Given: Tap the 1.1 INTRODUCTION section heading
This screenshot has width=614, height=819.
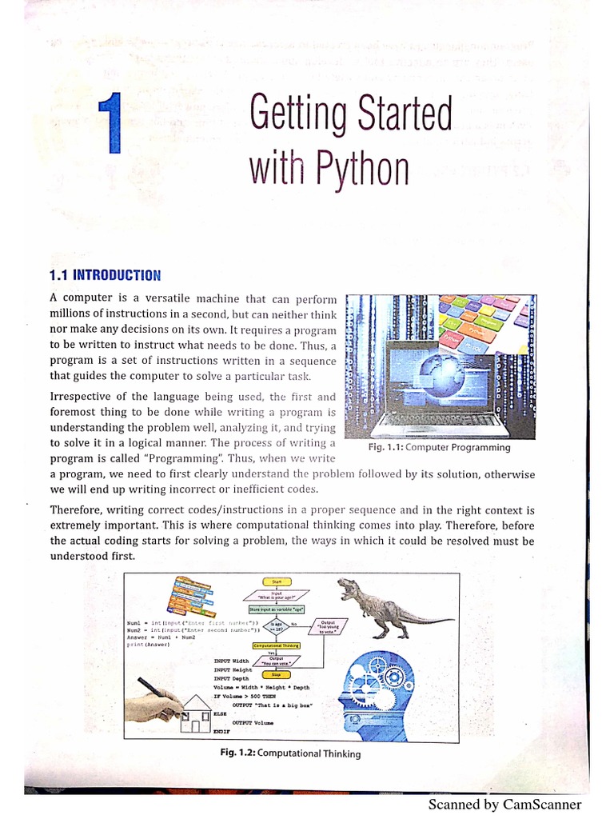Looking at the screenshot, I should click(x=105, y=275).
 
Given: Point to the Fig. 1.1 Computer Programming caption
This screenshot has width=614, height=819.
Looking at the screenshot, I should click(x=439, y=447).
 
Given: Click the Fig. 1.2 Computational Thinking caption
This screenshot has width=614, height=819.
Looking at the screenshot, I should click(x=290, y=753).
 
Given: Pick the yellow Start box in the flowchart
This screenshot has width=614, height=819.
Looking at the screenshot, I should click(x=277, y=582).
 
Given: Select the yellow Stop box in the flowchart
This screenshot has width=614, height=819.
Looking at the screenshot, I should click(x=271, y=674).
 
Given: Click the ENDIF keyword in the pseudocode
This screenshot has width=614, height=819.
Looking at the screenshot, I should click(x=221, y=731).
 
